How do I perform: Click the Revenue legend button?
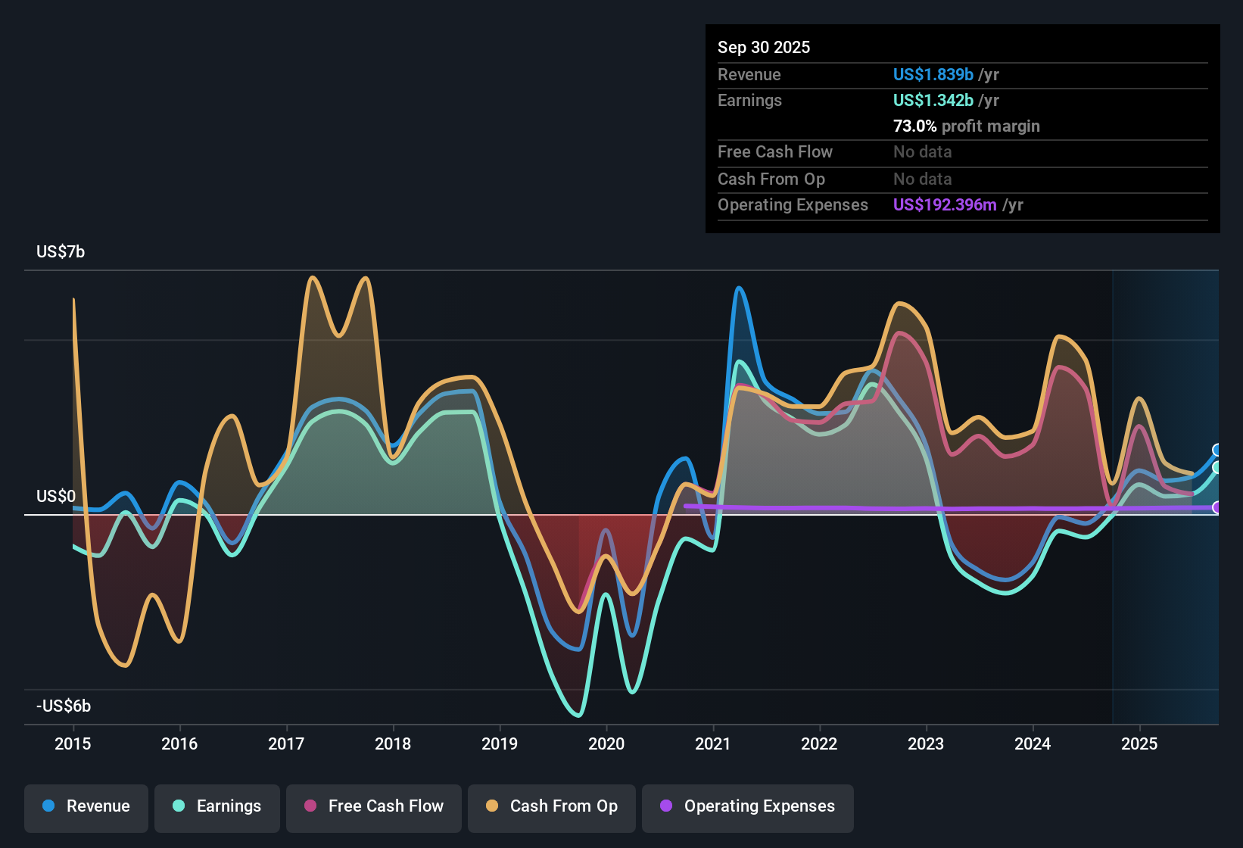tap(86, 806)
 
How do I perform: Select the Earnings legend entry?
tap(217, 806)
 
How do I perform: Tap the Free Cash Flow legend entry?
tap(374, 806)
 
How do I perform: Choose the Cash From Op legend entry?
tap(552, 806)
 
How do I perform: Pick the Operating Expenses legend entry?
tap(748, 806)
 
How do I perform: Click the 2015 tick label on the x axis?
tap(73, 744)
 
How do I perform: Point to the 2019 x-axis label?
tap(500, 744)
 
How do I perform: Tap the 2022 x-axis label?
tap(819, 744)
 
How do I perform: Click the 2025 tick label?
tap(1139, 744)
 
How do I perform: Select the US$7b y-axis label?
tap(61, 251)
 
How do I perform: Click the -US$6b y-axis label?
tap(64, 706)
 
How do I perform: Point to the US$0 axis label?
tap(56, 496)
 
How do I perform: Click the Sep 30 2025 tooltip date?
tap(763, 47)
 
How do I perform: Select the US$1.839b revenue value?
tap(933, 74)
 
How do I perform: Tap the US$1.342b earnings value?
tap(933, 100)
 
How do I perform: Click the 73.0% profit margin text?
tap(966, 126)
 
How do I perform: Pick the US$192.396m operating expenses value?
tap(944, 204)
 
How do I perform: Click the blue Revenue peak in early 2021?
tap(739, 288)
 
